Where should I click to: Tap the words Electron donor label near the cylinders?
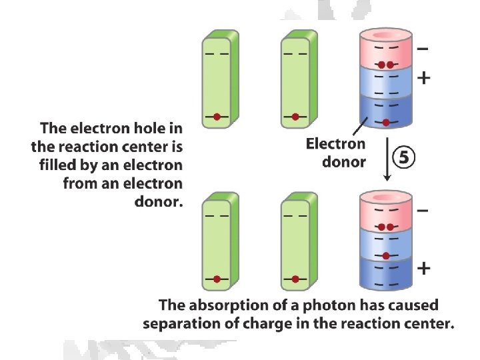[x=335, y=152]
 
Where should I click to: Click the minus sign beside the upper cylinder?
[x=423, y=48]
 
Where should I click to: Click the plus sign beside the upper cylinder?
[x=423, y=78]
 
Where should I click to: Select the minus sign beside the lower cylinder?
[x=423, y=211]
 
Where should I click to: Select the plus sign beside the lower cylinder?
[x=423, y=269]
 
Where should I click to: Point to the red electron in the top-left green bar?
[x=217, y=117]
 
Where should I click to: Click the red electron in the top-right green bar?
[x=295, y=117]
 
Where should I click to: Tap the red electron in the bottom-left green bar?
[x=217, y=279]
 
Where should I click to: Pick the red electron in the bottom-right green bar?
[x=295, y=279]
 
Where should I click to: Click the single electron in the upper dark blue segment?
[x=387, y=122]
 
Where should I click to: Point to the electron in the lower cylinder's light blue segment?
[x=387, y=255]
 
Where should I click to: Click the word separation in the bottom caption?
[x=181, y=324]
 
